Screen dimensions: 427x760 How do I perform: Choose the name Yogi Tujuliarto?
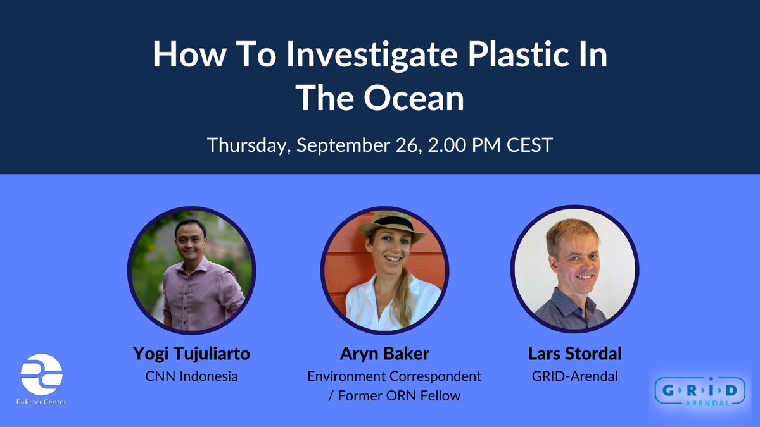coord(191,354)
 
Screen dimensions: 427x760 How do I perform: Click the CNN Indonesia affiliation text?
coord(191,376)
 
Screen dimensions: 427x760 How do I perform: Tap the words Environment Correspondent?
coord(394,376)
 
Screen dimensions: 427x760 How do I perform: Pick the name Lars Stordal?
coord(574,354)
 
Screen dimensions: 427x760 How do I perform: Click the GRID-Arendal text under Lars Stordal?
coord(574,376)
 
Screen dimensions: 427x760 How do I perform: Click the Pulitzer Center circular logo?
coord(42,374)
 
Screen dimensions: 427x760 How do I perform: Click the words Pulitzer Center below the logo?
coord(42,402)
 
